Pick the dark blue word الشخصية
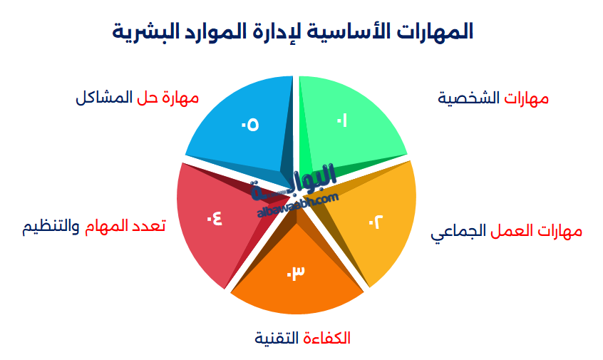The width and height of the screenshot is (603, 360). click(470, 98)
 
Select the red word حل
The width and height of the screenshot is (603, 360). click(145, 97)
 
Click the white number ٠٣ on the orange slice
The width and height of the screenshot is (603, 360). click(296, 273)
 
